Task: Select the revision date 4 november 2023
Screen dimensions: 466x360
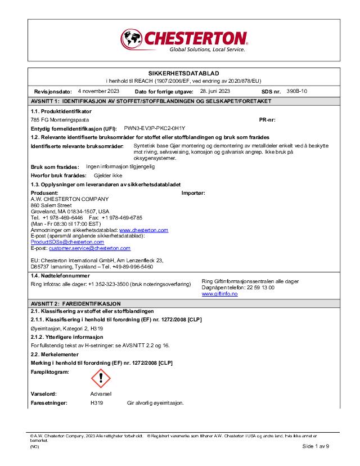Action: (98, 91)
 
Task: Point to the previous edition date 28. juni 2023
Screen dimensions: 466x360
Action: (215, 91)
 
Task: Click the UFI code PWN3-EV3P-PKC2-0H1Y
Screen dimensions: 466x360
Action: (154, 128)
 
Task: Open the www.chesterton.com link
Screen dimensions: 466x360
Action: (143, 230)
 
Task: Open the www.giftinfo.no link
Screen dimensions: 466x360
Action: (219, 294)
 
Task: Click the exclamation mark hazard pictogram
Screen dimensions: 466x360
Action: (101, 378)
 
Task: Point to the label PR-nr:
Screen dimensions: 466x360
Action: (267, 120)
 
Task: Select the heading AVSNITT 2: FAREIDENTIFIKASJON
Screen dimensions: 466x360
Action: (75, 304)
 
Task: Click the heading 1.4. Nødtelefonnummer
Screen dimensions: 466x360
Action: (60, 276)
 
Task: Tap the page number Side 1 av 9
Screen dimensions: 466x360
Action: (316, 445)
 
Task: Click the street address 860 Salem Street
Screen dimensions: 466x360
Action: (51, 205)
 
